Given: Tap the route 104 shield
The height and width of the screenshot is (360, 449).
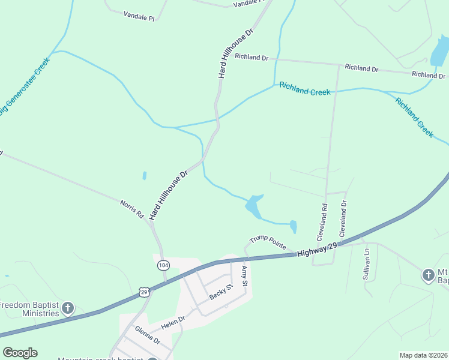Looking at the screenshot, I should pos(163,265).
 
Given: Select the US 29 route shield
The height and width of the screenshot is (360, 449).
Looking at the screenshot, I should pos(143,292).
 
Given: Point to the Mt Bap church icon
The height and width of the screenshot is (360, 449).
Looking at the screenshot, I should pos(428,275).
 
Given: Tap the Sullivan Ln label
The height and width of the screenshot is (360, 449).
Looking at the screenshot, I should pos(366,263).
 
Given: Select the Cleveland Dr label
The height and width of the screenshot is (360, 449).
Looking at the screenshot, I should pos(344,218).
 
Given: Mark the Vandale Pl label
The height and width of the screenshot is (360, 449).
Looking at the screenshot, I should pos(139,17).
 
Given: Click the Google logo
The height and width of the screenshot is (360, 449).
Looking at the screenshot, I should pos(20,353).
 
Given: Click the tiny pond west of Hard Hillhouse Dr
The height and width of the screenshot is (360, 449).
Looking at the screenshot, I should pos(144,176).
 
